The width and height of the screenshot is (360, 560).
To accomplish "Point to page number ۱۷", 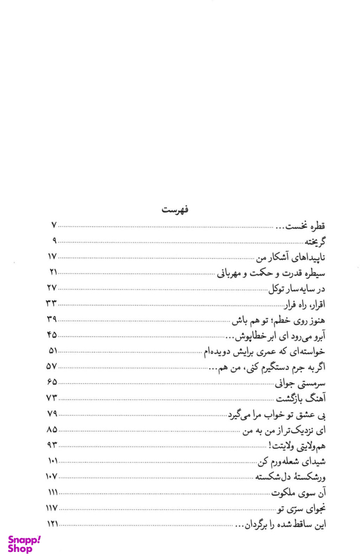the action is tap(52, 256).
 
